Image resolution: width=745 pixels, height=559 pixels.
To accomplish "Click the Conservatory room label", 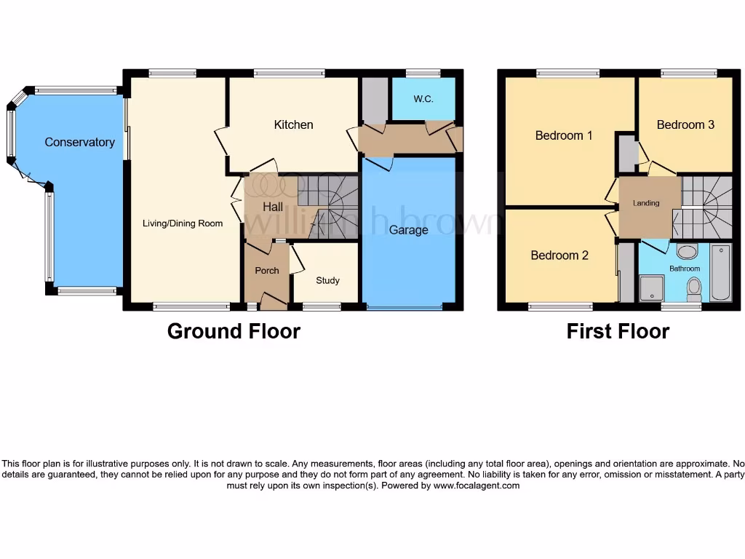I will (79, 143).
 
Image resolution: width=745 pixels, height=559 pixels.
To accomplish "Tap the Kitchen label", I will (293, 125).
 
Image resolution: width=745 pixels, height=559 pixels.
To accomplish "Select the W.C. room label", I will (423, 99).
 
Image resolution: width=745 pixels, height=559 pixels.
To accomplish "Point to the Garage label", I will (408, 230).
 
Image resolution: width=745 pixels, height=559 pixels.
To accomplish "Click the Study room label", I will (327, 280).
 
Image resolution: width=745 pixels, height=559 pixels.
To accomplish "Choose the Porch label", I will (267, 271).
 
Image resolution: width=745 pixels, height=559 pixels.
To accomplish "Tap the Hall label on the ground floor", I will (273, 207).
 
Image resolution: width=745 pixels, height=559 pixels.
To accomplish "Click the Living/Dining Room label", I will (182, 223).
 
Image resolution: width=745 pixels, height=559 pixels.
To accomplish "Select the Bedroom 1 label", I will (564, 135).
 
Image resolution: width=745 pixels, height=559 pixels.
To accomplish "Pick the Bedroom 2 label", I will (559, 255).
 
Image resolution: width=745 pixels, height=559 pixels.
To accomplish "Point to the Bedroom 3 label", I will (685, 124).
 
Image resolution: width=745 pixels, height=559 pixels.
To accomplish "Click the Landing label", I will (646, 203).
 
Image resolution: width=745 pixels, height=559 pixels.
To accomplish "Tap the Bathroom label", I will (685, 269).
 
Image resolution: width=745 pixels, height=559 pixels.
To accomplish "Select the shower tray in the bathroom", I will (652, 288).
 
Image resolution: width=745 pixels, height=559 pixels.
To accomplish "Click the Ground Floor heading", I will (234, 331).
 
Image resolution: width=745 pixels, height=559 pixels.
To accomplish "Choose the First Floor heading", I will (618, 331).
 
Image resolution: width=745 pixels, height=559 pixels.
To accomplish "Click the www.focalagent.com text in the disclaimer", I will (477, 485).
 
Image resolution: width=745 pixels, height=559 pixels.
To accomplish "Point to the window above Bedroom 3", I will (688, 73).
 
